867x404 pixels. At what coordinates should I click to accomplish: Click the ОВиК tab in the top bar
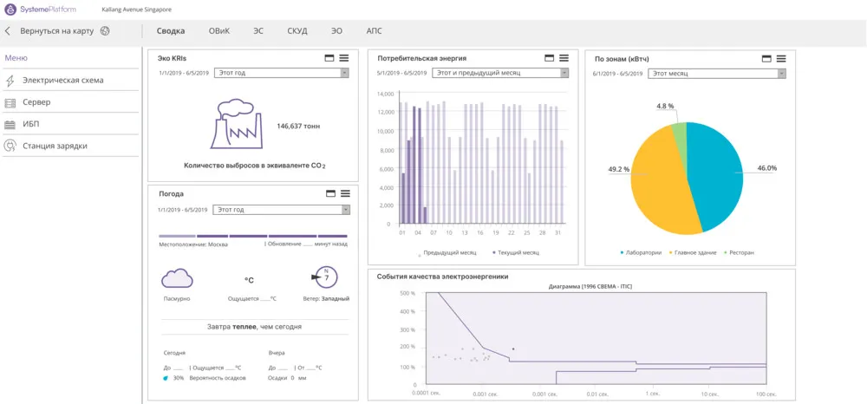click(x=218, y=30)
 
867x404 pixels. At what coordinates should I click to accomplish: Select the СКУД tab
click(x=297, y=30)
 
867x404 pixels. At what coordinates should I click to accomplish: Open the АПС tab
click(x=374, y=30)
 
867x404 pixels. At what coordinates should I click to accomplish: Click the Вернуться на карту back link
click(x=58, y=30)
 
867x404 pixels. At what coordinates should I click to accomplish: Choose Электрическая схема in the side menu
click(x=62, y=81)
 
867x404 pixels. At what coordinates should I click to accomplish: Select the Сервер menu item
click(x=36, y=102)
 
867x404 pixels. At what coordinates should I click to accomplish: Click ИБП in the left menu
click(x=31, y=124)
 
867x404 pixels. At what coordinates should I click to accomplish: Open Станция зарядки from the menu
click(x=55, y=146)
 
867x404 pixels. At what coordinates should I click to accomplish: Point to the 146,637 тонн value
click(x=298, y=126)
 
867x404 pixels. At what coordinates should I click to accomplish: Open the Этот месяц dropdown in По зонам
click(x=718, y=74)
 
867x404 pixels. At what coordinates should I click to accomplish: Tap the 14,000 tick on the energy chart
click(x=384, y=94)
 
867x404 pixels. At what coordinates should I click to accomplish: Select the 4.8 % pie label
click(x=665, y=106)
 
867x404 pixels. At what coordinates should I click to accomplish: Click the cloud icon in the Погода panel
click(x=177, y=277)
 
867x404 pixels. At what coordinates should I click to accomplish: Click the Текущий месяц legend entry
click(x=517, y=252)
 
